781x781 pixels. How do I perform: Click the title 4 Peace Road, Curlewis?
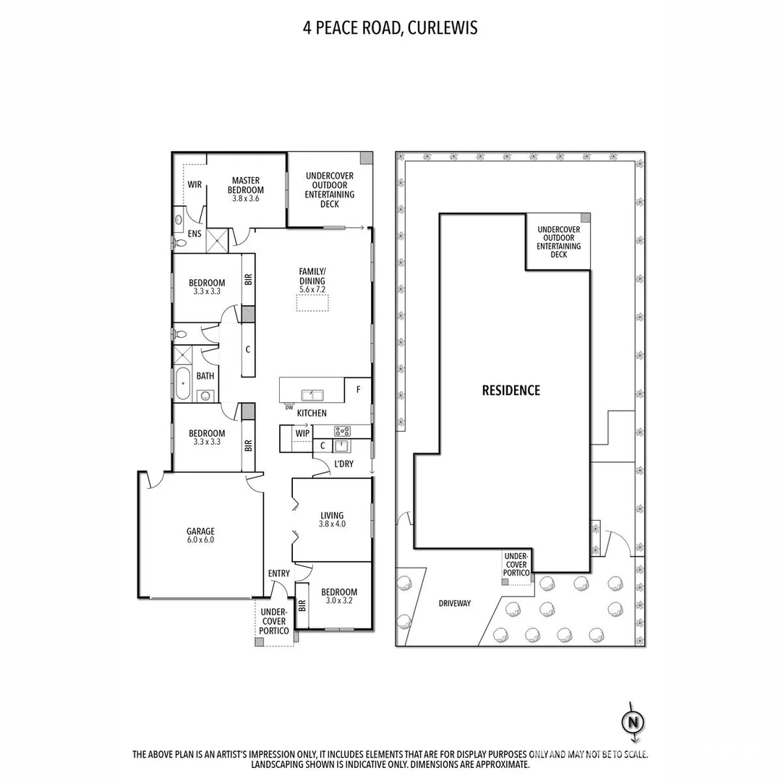pos(390,28)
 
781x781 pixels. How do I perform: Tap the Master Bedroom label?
pos(246,185)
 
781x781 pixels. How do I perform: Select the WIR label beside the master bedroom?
pos(195,185)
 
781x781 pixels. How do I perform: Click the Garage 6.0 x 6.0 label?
pos(200,535)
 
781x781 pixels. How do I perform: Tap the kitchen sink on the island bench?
pos(312,395)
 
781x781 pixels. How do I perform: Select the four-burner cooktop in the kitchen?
pos(342,432)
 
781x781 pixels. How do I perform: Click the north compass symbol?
pos(633,722)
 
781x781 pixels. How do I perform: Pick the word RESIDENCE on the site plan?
pos(511,390)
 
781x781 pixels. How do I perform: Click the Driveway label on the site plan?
pos(454,602)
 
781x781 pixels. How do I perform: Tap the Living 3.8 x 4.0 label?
pos(332,519)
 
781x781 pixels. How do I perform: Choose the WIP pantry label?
pos(302,433)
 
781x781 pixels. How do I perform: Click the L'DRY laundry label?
pos(343,464)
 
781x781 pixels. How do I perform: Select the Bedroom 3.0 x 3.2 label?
pos(339,596)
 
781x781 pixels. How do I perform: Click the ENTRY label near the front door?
pos(278,573)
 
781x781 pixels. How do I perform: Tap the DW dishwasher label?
pos(289,408)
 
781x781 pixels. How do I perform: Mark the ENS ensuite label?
pos(195,234)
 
